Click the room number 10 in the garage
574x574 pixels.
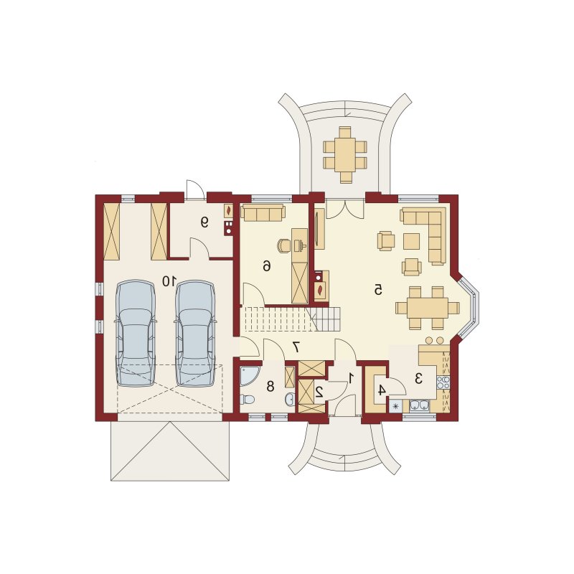click(169, 281)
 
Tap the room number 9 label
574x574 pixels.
click(204, 222)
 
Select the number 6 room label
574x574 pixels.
click(267, 265)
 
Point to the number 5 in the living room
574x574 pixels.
click(378, 291)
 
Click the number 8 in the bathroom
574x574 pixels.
click(270, 386)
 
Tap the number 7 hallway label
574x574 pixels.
click(296, 347)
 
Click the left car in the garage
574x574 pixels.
click(135, 333)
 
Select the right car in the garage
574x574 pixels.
click(194, 333)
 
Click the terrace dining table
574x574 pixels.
click(345, 154)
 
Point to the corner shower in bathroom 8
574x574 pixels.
click(250, 376)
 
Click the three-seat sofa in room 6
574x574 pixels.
click(263, 212)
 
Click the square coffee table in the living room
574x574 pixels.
click(412, 241)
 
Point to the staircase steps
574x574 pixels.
click(291, 319)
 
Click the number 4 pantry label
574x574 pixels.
click(381, 390)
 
